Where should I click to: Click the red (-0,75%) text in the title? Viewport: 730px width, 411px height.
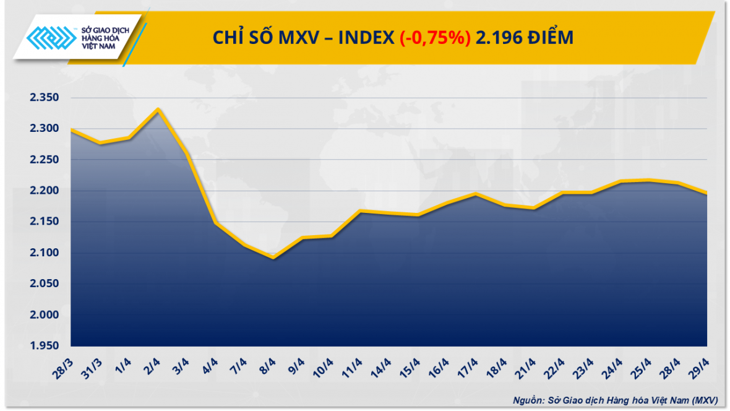pyautogui.click(x=435, y=38)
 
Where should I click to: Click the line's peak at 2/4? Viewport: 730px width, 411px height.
pyautogui.click(x=158, y=110)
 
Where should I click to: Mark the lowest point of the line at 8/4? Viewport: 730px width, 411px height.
pyautogui.click(x=273, y=257)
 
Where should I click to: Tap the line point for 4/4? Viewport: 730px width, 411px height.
pyautogui.click(x=215, y=222)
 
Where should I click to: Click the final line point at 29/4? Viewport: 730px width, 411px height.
pyautogui.click(x=706, y=194)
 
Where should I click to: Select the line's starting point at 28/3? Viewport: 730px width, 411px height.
pyautogui.click(x=72, y=129)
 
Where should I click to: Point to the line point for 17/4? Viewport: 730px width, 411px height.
pyautogui.click(x=475, y=194)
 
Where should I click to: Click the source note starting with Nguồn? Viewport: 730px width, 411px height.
pyautogui.click(x=616, y=400)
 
